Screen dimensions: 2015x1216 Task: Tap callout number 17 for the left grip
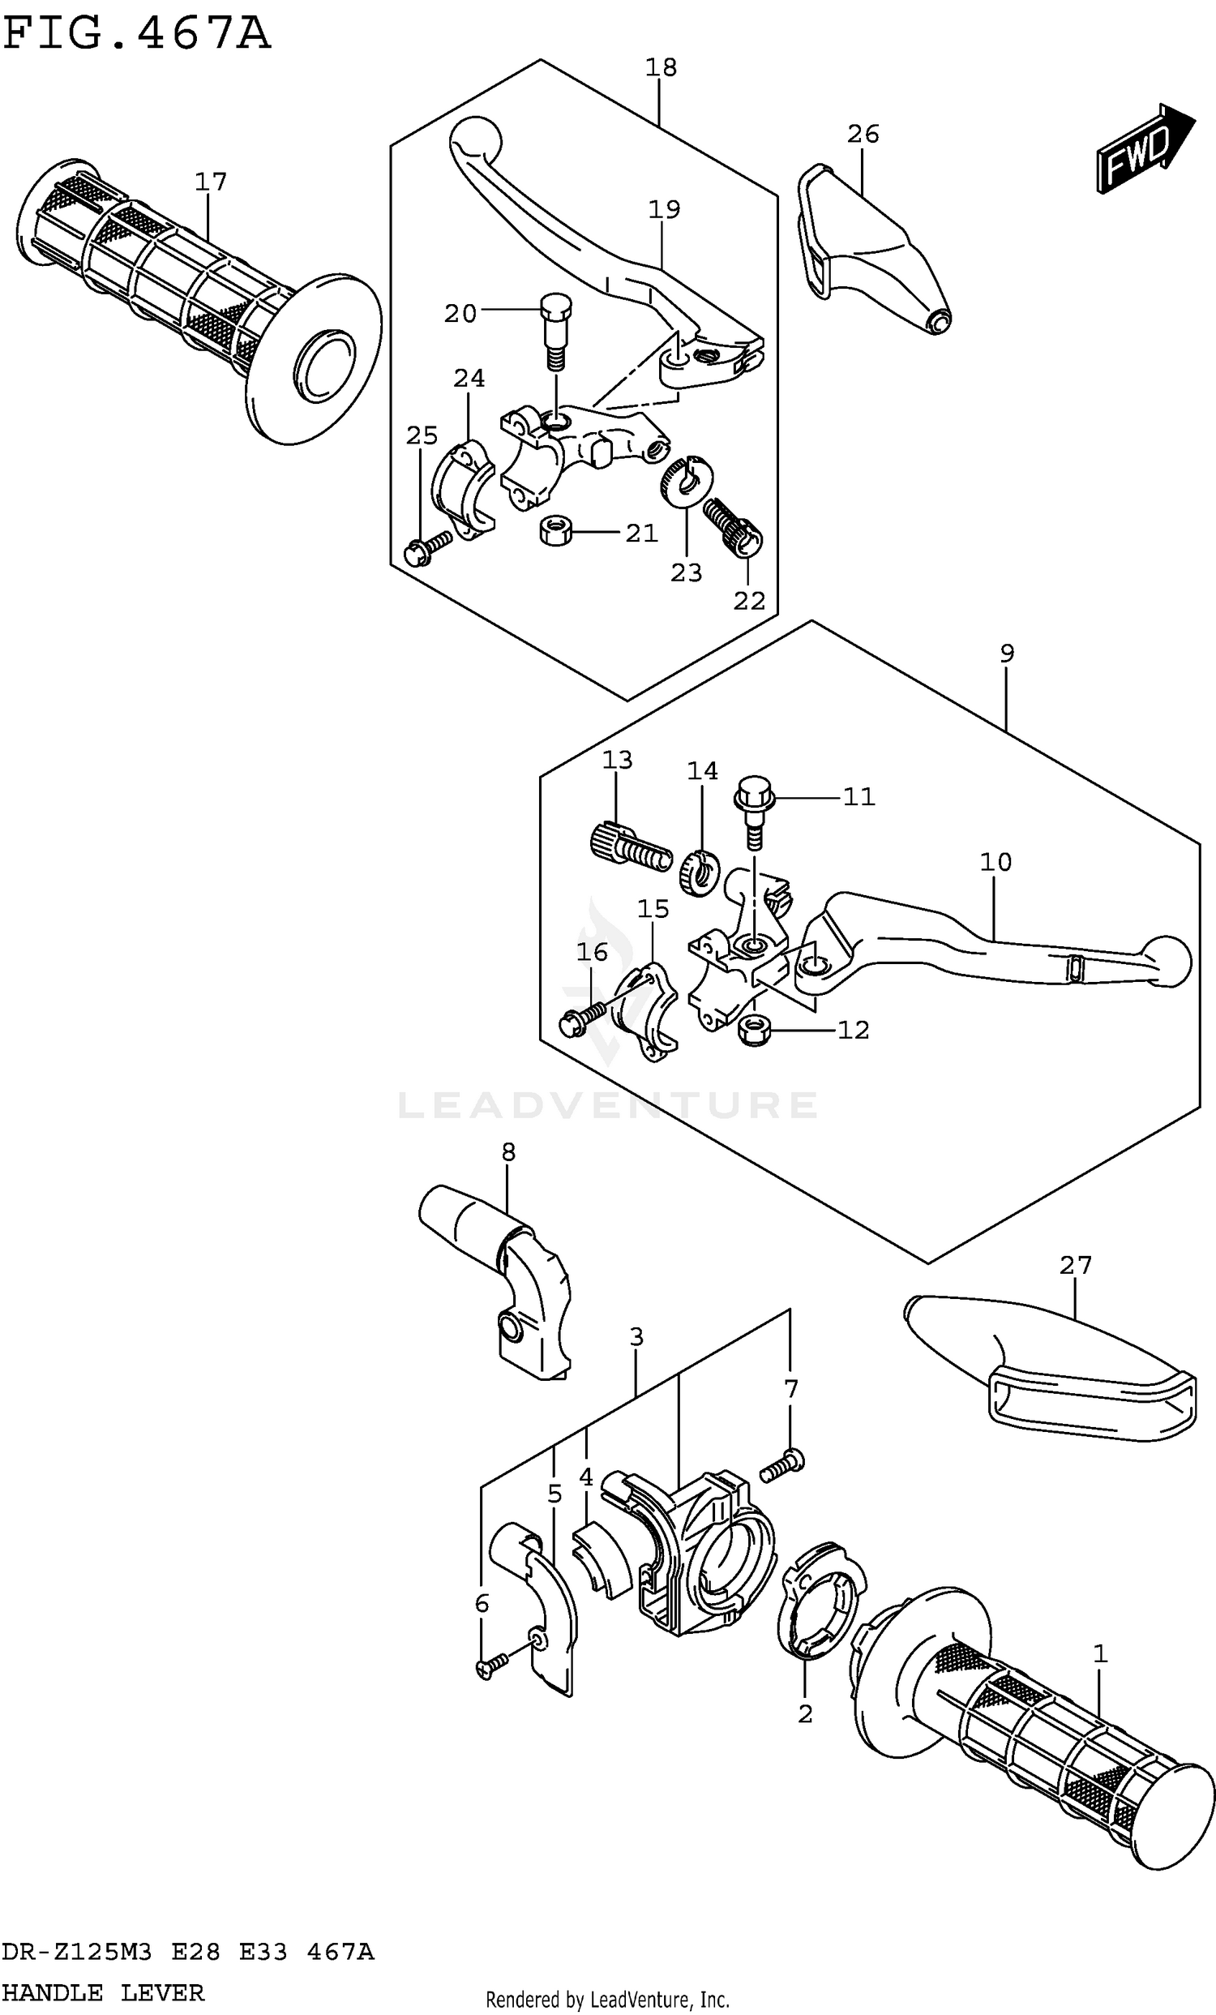click(210, 182)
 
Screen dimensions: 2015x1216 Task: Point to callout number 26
click(863, 134)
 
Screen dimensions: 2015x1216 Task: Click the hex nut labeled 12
click(752, 1031)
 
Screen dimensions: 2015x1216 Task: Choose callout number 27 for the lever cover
click(1075, 1265)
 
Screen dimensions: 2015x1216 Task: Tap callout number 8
click(507, 1152)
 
